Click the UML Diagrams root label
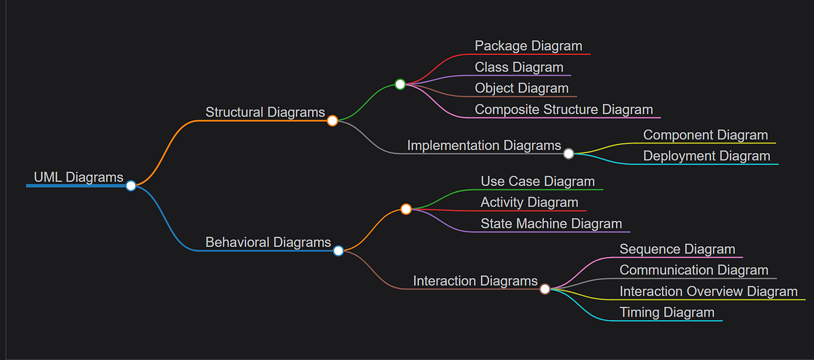point(78,178)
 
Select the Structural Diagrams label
point(265,113)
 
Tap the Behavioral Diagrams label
point(268,242)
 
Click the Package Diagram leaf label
point(528,46)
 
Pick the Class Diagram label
point(519,67)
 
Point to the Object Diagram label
point(522,88)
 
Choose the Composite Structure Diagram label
point(564,109)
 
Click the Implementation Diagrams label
point(484,145)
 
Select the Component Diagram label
point(705,135)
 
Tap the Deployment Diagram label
point(707,156)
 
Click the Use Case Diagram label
point(538,181)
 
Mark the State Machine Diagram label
point(551,223)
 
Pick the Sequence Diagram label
point(677,249)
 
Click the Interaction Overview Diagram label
point(709,292)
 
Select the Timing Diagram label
point(667,313)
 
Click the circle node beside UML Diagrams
point(131,186)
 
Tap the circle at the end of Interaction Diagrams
point(545,289)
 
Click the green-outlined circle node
point(400,85)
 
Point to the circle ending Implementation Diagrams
point(568,154)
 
